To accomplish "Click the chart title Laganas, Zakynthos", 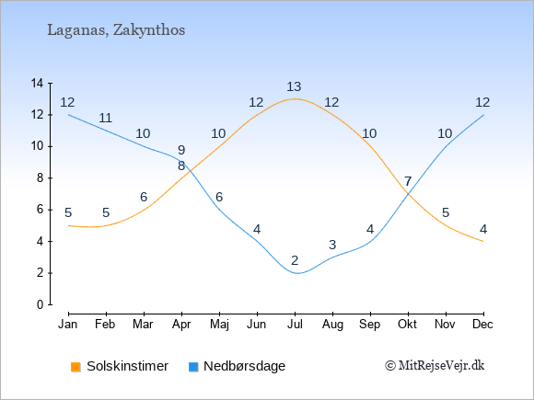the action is click(x=116, y=30).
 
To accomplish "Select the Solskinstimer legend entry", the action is click(x=120, y=366).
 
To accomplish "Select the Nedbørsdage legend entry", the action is click(x=237, y=366).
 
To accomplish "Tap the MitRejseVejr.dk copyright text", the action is click(x=435, y=365).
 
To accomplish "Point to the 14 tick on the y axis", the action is click(x=37, y=83).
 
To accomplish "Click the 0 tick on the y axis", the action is click(x=41, y=304).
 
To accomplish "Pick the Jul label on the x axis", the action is click(x=295, y=325).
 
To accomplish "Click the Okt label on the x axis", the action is click(x=407, y=325).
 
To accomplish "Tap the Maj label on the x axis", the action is click(x=219, y=325).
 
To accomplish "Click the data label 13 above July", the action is click(x=294, y=87).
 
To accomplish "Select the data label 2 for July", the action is click(x=295, y=260).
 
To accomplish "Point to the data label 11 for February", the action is click(x=106, y=118).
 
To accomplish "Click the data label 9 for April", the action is click(x=181, y=150).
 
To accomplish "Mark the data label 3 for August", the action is click(x=332, y=245).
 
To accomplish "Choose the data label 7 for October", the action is click(x=408, y=181).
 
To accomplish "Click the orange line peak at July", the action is click(x=295, y=99).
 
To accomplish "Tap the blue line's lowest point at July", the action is click(x=298, y=273).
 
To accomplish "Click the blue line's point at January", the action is click(x=69, y=115).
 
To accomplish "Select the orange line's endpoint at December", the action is click(x=483, y=241).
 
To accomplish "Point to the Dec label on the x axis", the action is click(x=482, y=325).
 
